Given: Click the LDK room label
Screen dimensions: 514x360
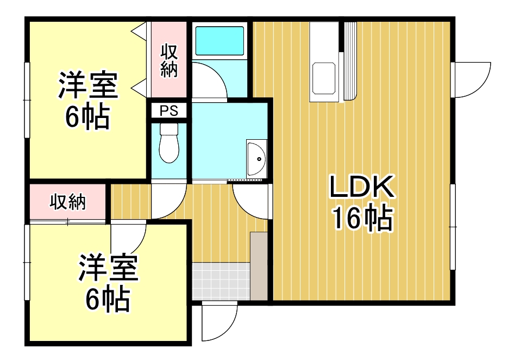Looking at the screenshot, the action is pyautogui.click(x=362, y=187).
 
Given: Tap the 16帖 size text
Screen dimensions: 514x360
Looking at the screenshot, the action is pyautogui.click(x=362, y=218).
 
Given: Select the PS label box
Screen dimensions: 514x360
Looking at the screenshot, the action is pyautogui.click(x=169, y=110).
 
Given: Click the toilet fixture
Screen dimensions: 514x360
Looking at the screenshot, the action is pyautogui.click(x=169, y=143).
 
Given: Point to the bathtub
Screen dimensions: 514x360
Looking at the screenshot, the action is pyautogui.click(x=220, y=41).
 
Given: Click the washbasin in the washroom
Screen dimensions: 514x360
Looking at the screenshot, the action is pyautogui.click(x=256, y=159).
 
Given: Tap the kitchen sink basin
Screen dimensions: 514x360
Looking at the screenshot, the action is pyautogui.click(x=323, y=78).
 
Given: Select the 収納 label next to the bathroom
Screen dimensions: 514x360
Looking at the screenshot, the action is pyautogui.click(x=169, y=61).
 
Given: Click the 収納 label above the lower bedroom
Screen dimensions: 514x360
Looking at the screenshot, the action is pyautogui.click(x=68, y=202).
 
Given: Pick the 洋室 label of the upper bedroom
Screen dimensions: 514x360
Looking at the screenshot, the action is pyautogui.click(x=88, y=85).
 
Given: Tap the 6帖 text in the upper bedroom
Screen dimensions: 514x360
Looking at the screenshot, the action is pyautogui.click(x=87, y=116).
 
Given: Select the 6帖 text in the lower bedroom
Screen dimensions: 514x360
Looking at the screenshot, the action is pyautogui.click(x=108, y=299).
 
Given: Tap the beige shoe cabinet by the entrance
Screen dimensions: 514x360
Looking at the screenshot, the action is pyautogui.click(x=259, y=266).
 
